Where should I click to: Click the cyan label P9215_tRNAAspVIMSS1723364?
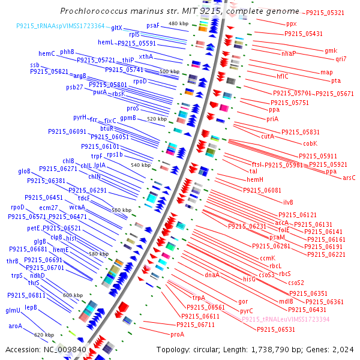tap(60, 26)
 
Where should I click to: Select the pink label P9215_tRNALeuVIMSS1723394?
tap(286, 320)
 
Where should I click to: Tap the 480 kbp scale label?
tap(178, 23)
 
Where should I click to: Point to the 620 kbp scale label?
tap(44, 335)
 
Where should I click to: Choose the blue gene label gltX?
tap(116, 28)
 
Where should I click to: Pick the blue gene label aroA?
tap(15, 326)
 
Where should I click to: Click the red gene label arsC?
tap(349, 178)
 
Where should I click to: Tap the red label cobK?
tap(310, 143)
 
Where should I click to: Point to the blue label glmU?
tap(13, 310)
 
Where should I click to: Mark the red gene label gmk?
tap(331, 50)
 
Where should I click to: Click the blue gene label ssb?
tap(35, 64)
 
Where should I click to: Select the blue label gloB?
tap(24, 171)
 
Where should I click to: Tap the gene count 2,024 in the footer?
tap(344, 349)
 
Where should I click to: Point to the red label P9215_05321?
tap(325, 13)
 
